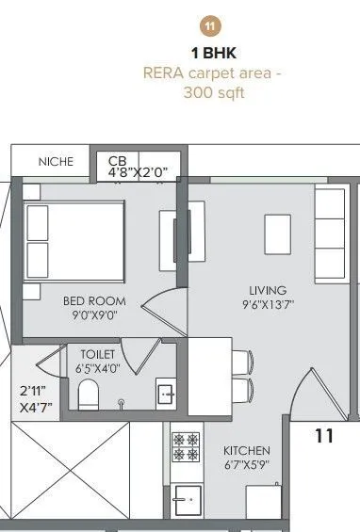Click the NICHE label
56,162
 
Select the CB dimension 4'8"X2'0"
138,172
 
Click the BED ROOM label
89,301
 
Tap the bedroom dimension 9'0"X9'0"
89,317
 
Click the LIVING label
268,290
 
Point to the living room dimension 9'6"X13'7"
268,305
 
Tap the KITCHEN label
247,451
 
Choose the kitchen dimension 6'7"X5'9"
247,466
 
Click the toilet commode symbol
89,395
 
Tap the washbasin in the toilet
165,393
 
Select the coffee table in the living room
277,231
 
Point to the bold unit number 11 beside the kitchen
324,436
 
